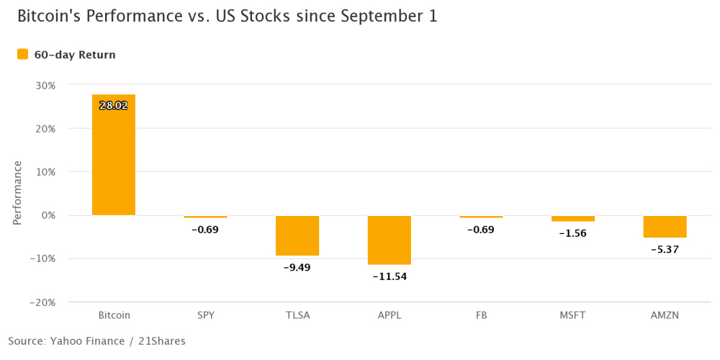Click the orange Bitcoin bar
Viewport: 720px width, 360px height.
(x=114, y=155)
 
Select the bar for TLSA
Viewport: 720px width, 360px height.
(x=297, y=235)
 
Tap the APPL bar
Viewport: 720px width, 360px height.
(x=390, y=240)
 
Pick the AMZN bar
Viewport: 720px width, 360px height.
(x=665, y=227)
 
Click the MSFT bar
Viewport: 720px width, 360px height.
(x=573, y=219)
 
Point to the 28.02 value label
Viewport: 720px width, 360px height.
(x=114, y=106)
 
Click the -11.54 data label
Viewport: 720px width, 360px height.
(x=390, y=276)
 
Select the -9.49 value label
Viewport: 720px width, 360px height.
(x=297, y=267)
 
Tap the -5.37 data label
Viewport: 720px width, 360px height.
(x=665, y=250)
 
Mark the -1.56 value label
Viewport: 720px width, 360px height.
(x=573, y=233)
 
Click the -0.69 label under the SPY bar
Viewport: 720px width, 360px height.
(x=205, y=230)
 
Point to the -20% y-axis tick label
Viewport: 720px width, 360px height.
(x=42, y=302)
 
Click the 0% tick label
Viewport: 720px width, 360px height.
(x=48, y=215)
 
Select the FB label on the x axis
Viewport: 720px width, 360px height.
(x=481, y=315)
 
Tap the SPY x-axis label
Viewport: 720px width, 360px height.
(x=205, y=315)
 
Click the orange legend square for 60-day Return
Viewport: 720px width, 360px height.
(x=23, y=54)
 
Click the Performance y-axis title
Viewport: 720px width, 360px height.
(x=17, y=193)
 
